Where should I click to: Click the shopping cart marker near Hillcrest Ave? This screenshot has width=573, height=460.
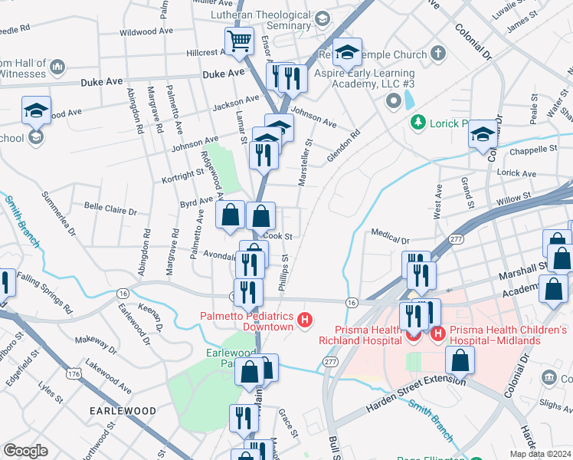click(239, 41)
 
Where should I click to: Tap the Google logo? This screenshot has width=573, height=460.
click(25, 451)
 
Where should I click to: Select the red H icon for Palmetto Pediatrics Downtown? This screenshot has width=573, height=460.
click(306, 320)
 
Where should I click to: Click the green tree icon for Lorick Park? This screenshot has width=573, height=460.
click(417, 122)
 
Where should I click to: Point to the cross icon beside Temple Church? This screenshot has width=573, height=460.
click(437, 54)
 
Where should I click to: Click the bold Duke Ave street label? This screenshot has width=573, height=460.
click(223, 74)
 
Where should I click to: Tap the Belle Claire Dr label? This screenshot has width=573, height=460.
click(110, 209)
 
